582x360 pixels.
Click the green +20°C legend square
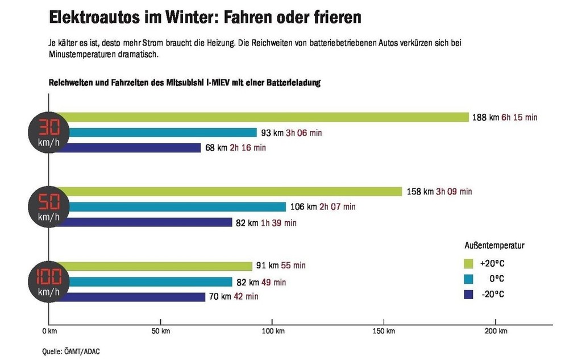(x=469, y=263)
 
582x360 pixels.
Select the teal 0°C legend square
(x=469, y=279)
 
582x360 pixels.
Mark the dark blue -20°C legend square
(x=469, y=294)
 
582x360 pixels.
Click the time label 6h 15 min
(x=519, y=118)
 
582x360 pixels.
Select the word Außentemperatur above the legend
(x=494, y=246)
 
